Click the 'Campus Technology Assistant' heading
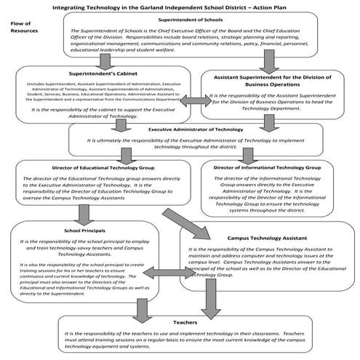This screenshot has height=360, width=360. coord(266,237)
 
